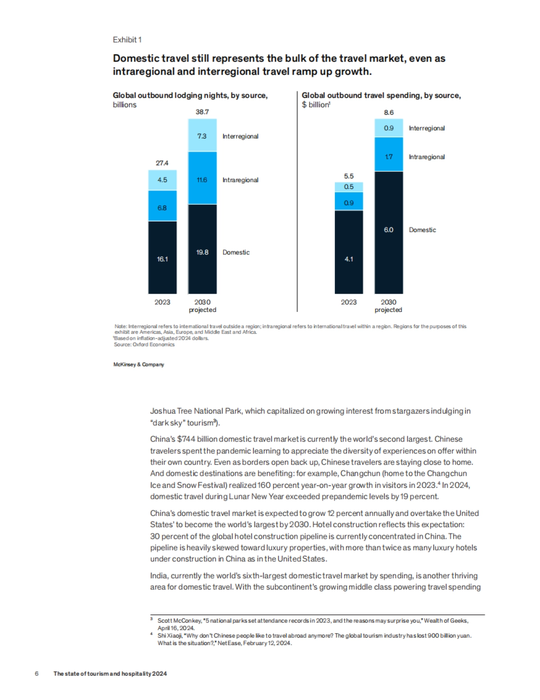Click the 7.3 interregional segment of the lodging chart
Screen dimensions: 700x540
click(202, 136)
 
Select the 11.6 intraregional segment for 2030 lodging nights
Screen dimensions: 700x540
click(202, 180)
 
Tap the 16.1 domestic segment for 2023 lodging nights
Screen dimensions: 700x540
click(162, 259)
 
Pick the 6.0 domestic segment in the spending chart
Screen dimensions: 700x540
click(388, 230)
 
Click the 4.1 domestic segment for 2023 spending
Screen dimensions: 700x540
click(349, 259)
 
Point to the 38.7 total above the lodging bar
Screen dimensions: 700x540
click(202, 112)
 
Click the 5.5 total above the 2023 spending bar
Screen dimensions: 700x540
click(349, 176)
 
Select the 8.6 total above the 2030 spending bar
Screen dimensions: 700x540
click(388, 112)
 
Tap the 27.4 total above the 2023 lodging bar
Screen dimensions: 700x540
click(162, 163)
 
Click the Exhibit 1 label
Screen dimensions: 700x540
click(127, 40)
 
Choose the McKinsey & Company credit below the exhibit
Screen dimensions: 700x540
click(139, 365)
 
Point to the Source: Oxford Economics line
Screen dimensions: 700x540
click(144, 344)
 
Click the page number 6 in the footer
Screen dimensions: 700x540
click(37, 673)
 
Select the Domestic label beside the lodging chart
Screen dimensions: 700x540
click(236, 252)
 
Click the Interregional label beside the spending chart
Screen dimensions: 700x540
click(427, 128)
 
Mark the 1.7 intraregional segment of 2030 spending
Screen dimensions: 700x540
click(388, 157)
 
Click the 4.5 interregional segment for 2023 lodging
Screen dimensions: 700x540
click(162, 180)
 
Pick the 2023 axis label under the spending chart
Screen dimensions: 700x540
click(349, 302)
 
